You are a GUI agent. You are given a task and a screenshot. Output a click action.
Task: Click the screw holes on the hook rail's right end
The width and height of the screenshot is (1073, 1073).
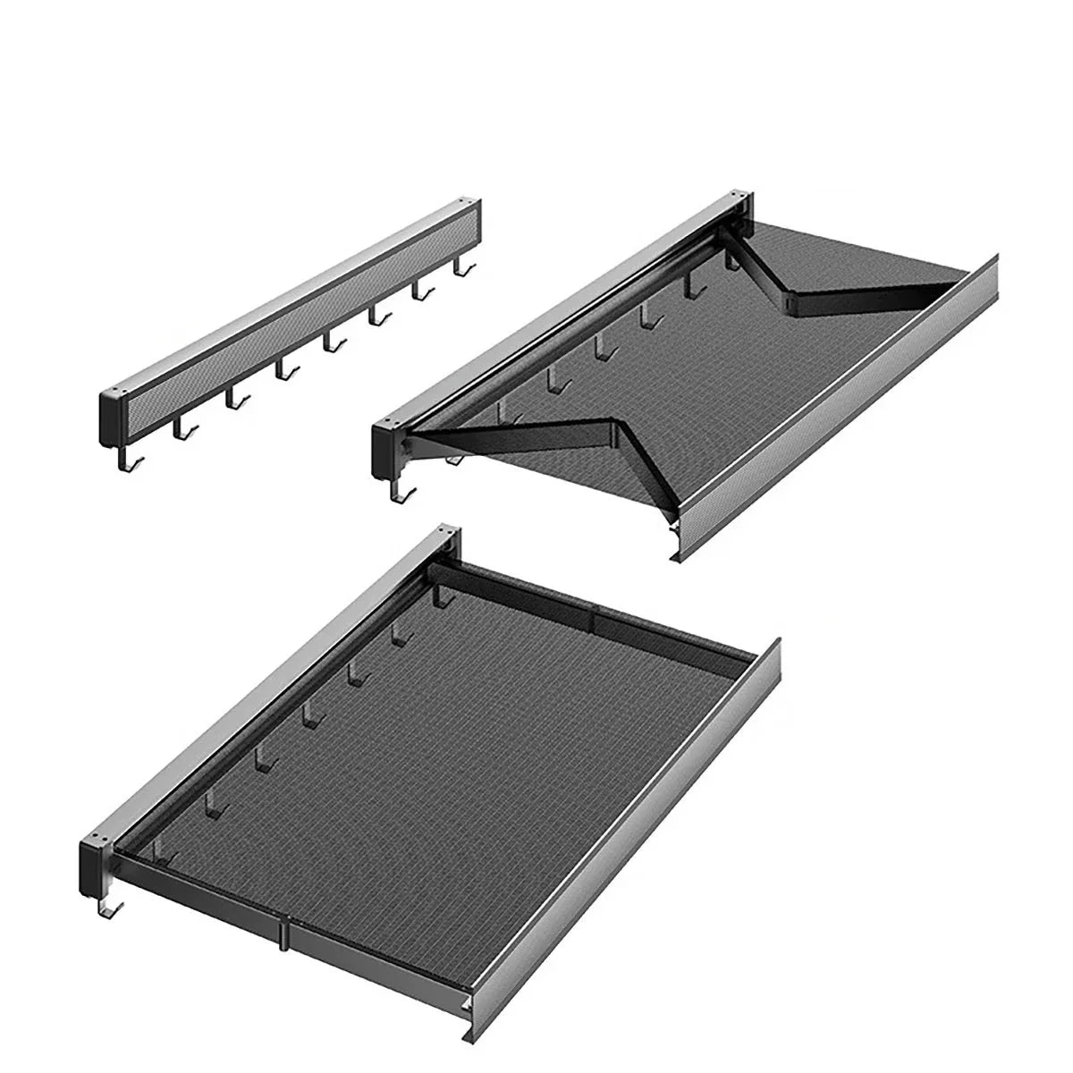tap(469, 203)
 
